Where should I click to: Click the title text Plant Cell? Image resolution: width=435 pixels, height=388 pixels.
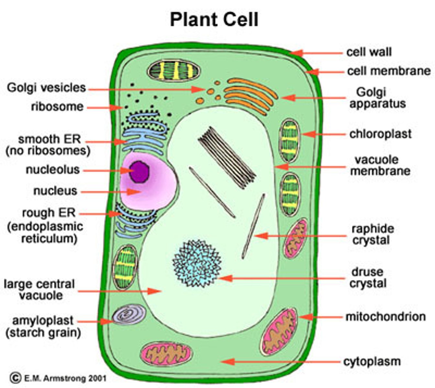pyautogui.click(x=214, y=20)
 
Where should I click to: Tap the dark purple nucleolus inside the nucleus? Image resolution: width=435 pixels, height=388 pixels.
pyautogui.click(x=139, y=171)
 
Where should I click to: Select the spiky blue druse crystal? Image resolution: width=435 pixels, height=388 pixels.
pyautogui.click(x=197, y=264)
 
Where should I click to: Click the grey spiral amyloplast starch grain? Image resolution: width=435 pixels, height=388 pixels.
pyautogui.click(x=129, y=314)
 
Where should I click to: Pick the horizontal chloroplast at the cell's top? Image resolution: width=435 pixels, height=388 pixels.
pyautogui.click(x=174, y=71)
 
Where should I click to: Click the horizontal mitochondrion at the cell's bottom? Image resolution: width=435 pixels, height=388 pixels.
pyautogui.click(x=167, y=354)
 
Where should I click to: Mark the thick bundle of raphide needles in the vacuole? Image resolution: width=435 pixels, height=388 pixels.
pyautogui.click(x=227, y=157)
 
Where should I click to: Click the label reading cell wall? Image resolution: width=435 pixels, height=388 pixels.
pyautogui.click(x=369, y=52)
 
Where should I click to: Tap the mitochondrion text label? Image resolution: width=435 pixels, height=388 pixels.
pyautogui.click(x=385, y=317)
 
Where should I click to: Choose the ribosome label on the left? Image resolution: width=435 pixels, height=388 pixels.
pyautogui.click(x=57, y=107)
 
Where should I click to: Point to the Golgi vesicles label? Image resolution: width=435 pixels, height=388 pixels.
pyautogui.click(x=46, y=88)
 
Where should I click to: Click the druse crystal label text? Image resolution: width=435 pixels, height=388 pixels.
pyautogui.click(x=368, y=277)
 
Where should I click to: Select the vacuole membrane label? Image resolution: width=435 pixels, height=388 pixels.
pyautogui.click(x=380, y=165)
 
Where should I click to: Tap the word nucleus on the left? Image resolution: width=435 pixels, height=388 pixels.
pyautogui.click(x=55, y=191)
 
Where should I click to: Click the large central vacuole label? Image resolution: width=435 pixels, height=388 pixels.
pyautogui.click(x=39, y=290)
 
